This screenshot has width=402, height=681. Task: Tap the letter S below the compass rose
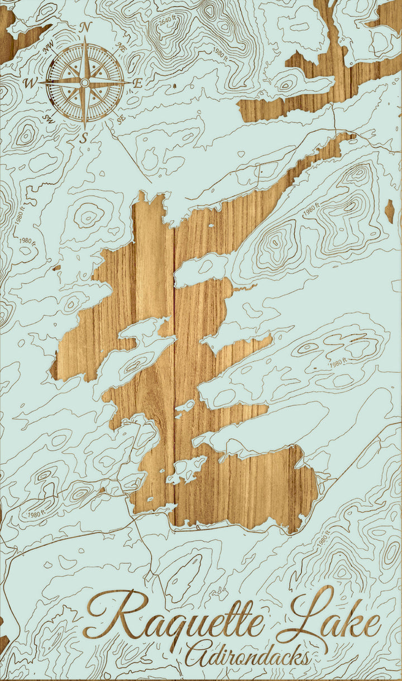(x=84, y=137)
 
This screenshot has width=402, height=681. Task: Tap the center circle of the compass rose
(x=84, y=83)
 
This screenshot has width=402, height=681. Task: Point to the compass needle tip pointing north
(x=85, y=37)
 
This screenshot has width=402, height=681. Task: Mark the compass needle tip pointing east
(x=130, y=83)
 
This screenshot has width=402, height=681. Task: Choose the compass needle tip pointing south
(x=84, y=128)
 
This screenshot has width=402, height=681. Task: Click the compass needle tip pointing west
(x=39, y=83)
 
